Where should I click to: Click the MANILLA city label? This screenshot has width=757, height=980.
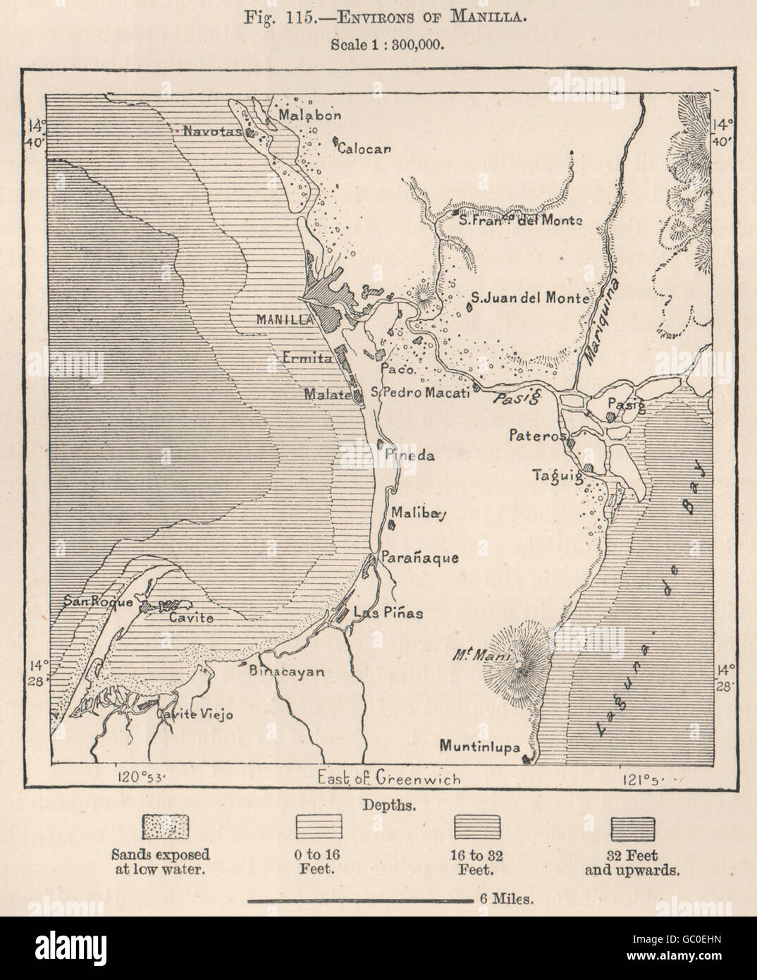(284, 319)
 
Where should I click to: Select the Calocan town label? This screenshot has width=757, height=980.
(364, 148)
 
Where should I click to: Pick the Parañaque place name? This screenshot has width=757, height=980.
(420, 558)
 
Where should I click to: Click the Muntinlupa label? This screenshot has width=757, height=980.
(481, 746)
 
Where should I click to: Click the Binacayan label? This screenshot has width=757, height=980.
(287, 672)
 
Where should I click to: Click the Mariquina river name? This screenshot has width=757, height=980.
(598, 319)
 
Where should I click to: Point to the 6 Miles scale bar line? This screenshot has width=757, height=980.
(359, 900)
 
